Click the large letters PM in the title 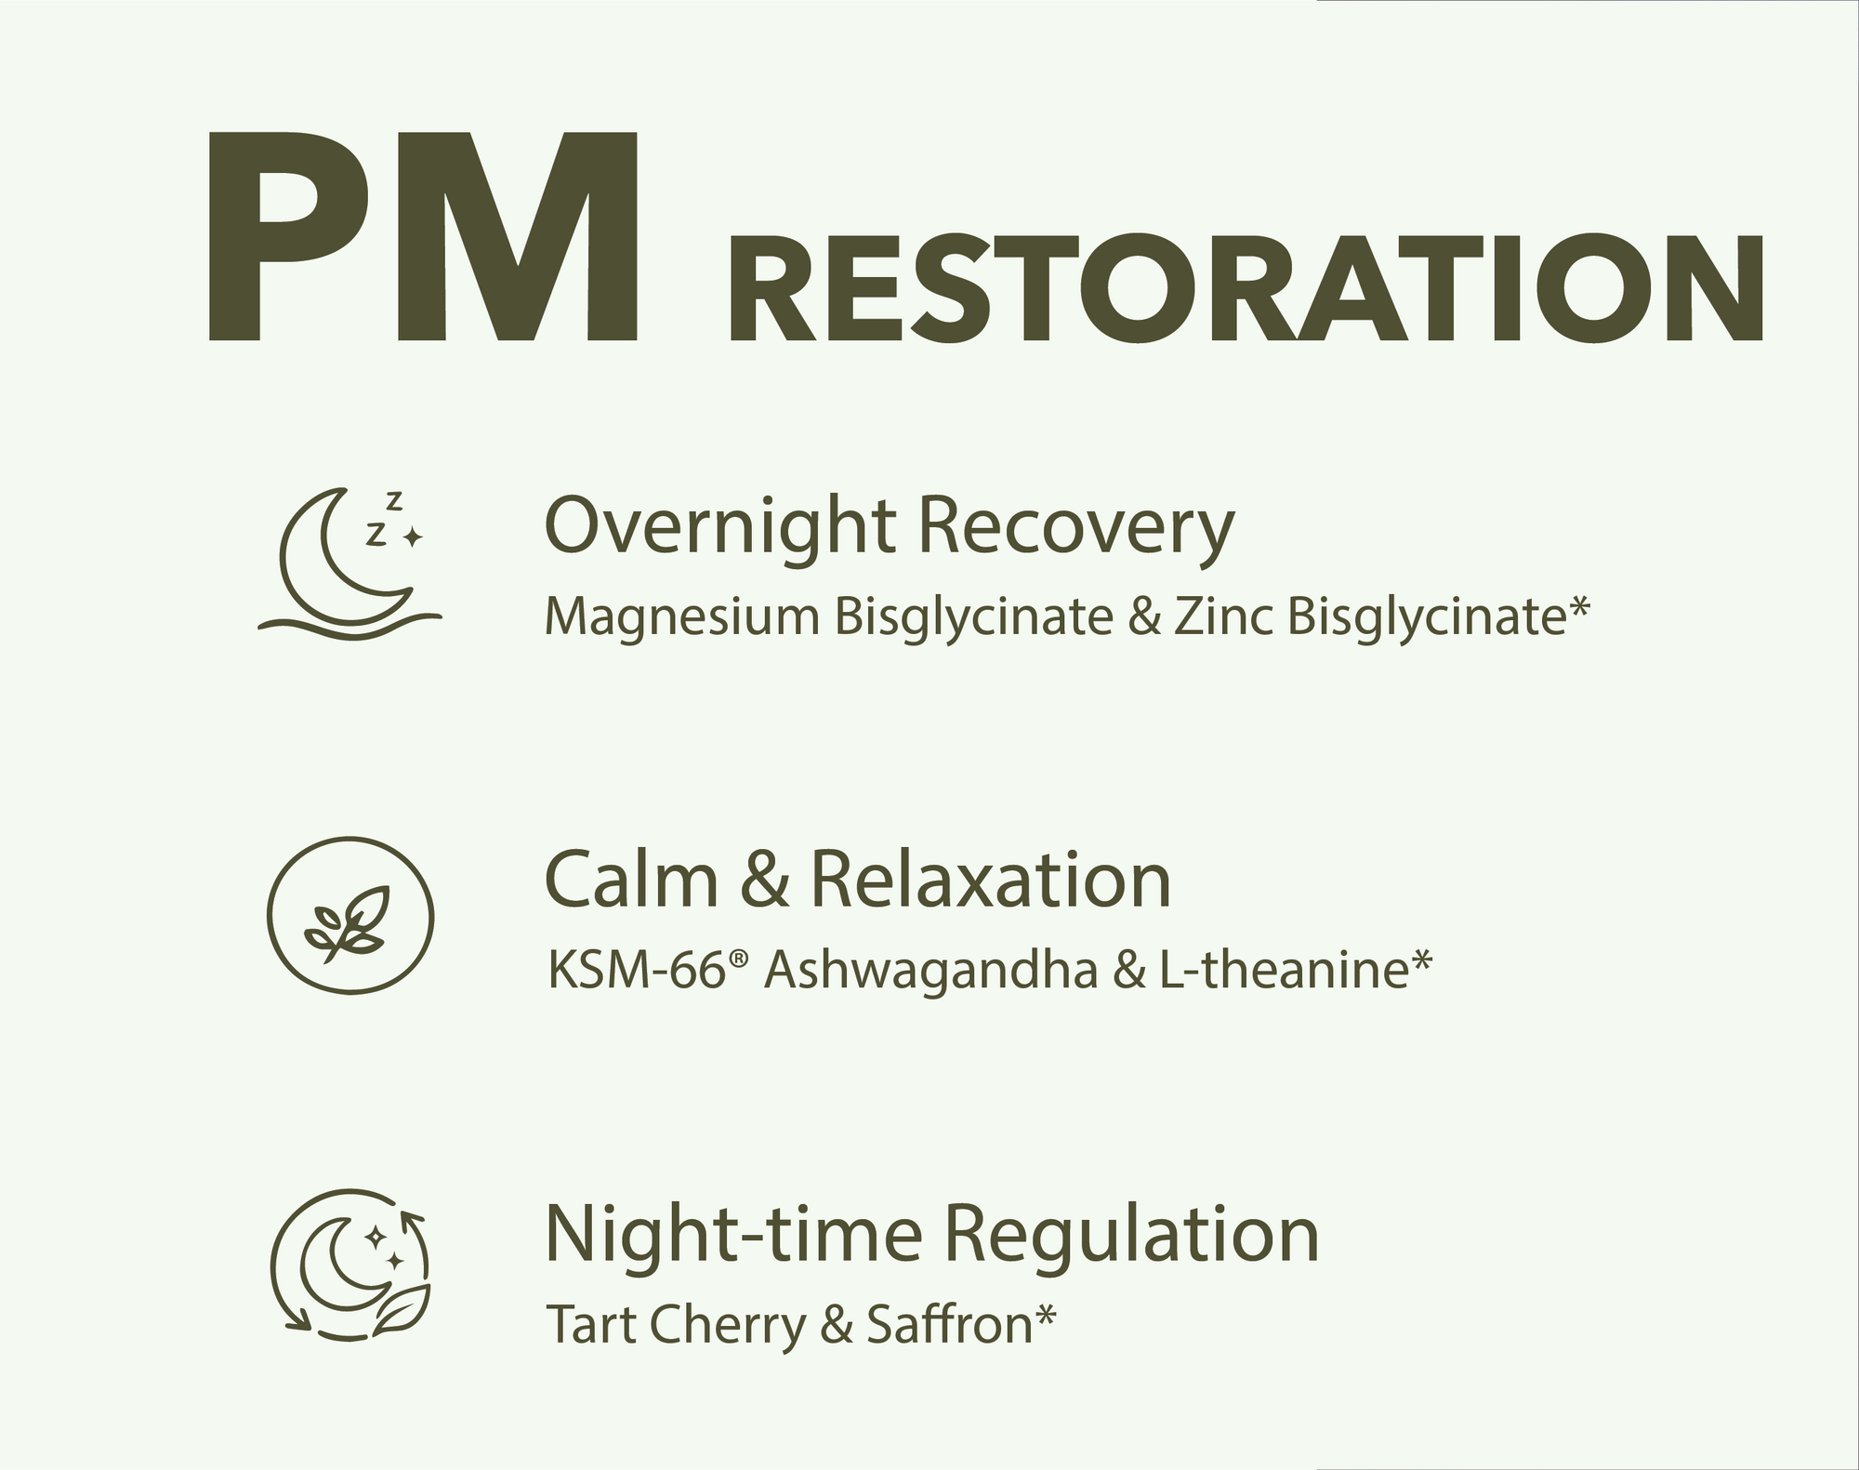[424, 236]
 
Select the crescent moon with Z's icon [350, 564]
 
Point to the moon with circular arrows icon [350, 1265]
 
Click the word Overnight [721, 528]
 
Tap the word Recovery [1076, 528]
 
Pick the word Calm [631, 880]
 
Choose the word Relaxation [991, 880]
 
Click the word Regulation [1132, 1234]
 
